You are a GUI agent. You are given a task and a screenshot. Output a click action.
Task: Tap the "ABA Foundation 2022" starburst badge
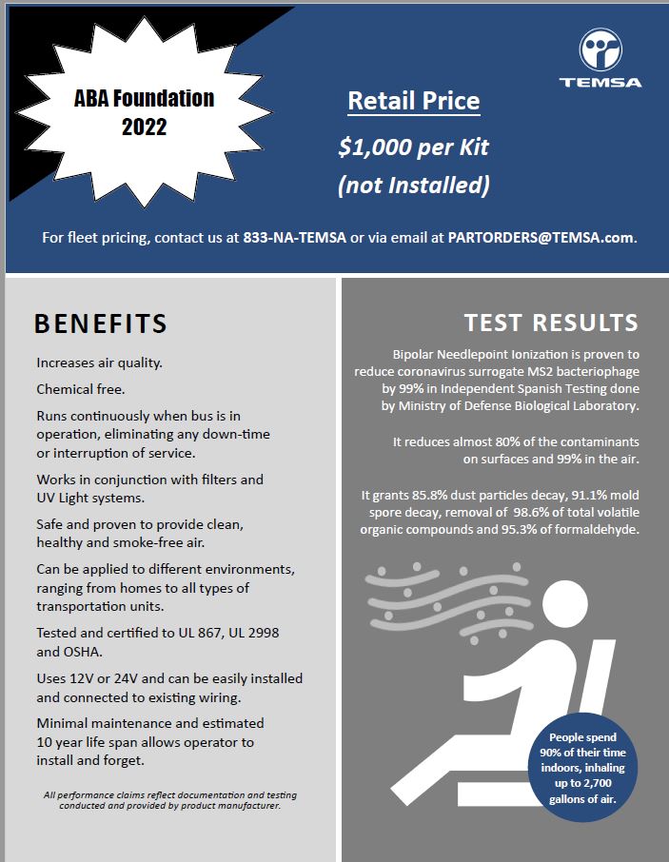pos(144,111)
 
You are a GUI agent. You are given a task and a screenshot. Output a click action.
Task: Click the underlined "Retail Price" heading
pos(413,100)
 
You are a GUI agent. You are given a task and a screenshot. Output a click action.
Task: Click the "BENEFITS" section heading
pos(101,323)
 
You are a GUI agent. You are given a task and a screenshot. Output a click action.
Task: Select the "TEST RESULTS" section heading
pos(551,322)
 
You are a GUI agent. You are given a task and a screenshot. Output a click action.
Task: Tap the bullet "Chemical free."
pos(81,389)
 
